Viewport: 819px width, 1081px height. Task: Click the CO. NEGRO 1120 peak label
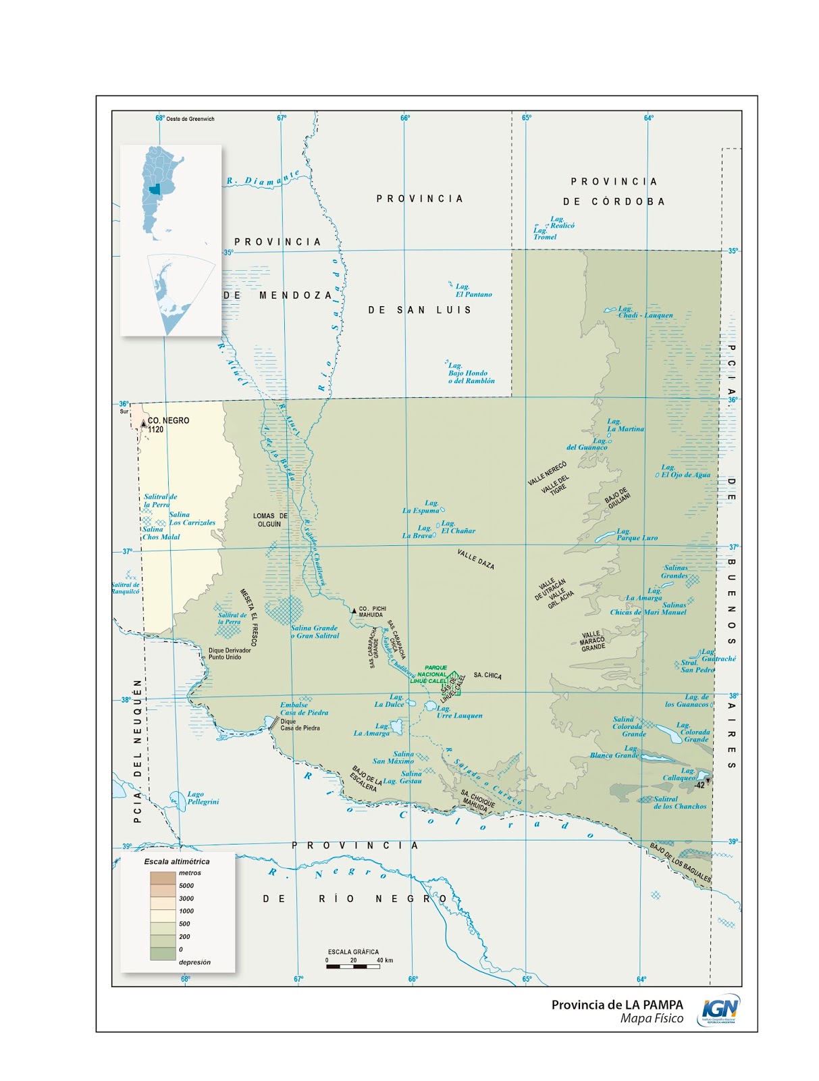click(x=167, y=424)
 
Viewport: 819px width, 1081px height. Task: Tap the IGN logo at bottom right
click(x=720, y=1010)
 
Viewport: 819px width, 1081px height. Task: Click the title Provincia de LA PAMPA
click(x=616, y=1005)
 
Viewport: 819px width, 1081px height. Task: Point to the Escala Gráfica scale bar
click(x=352, y=966)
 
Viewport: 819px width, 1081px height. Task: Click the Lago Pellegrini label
click(x=203, y=798)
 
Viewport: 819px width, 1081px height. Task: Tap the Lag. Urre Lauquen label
click(x=458, y=712)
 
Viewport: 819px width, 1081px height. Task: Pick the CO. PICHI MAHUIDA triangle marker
click(x=353, y=611)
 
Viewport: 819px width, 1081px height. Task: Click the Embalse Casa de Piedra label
click(x=304, y=709)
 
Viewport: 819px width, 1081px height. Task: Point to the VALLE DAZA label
click(x=475, y=559)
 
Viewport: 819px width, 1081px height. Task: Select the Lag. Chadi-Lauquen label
click(x=645, y=312)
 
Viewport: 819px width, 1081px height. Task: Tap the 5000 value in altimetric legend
click(x=186, y=885)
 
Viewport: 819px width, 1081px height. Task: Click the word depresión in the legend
click(x=194, y=962)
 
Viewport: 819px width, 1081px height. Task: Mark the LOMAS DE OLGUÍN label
click(x=270, y=520)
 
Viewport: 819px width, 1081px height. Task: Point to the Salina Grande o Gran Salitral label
click(x=315, y=632)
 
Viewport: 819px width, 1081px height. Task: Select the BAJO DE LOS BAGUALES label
click(x=680, y=862)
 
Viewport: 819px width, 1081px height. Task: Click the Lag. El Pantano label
click(x=473, y=291)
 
